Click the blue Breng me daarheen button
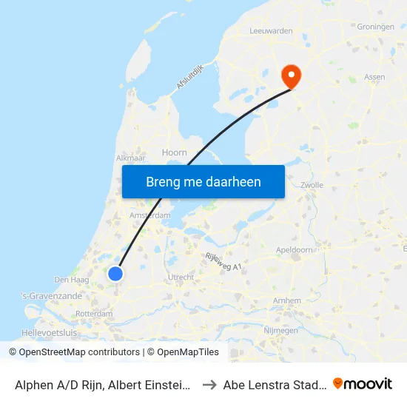203,181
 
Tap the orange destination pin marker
290,74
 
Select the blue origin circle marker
115,274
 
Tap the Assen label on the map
376,76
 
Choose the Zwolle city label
312,185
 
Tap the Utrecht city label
181,277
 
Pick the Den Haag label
72,280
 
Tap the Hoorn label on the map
174,152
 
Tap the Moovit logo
362,383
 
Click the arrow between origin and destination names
209,384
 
